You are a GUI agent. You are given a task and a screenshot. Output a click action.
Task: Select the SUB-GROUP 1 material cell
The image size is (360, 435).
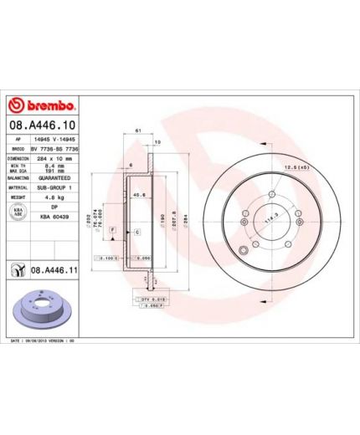click(55, 188)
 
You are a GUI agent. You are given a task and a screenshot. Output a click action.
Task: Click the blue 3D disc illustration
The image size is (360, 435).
click(43, 310)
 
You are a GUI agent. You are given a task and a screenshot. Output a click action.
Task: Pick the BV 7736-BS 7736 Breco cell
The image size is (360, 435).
click(55, 147)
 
